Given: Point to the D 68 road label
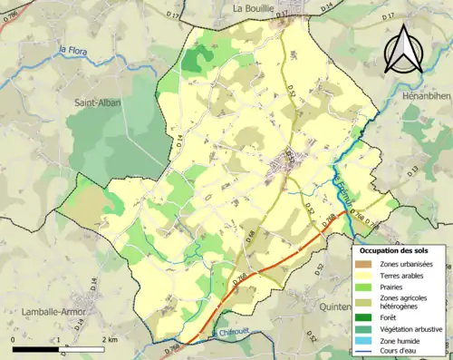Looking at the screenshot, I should tap(251, 238).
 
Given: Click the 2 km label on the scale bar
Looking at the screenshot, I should tap(110, 338).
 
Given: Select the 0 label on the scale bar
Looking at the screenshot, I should tap(13, 338).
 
